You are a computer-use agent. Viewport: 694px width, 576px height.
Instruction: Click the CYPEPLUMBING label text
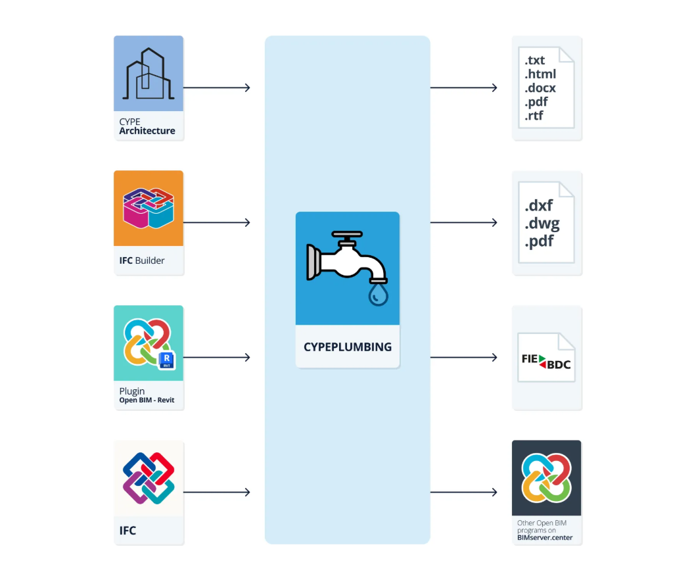click(347, 347)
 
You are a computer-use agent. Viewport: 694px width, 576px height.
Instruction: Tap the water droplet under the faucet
click(379, 294)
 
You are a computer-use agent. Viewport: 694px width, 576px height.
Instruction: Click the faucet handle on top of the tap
click(347, 235)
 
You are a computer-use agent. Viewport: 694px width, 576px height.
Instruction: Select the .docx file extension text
click(540, 88)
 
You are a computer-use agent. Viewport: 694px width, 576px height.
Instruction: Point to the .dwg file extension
click(542, 224)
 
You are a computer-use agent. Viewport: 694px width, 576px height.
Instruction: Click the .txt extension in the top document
click(535, 60)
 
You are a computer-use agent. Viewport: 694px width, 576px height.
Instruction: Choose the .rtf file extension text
click(534, 116)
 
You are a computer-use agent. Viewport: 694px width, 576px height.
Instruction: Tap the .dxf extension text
click(539, 206)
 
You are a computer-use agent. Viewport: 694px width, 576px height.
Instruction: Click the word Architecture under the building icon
click(147, 131)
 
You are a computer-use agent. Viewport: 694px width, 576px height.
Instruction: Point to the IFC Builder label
click(142, 260)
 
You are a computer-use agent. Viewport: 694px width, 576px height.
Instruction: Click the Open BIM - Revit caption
click(147, 400)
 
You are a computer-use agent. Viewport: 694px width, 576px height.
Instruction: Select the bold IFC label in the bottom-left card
click(128, 530)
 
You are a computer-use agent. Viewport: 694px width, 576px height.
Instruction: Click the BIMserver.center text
click(545, 537)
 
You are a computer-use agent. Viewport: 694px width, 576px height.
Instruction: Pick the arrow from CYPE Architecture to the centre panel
click(217, 87)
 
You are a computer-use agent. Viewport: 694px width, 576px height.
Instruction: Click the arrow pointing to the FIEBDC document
click(464, 358)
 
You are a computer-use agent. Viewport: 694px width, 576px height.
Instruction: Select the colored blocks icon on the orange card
click(149, 208)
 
